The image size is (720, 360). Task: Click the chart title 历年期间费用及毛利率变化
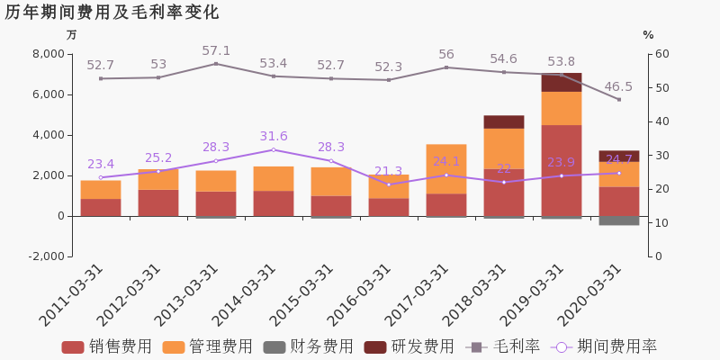pos(112,13)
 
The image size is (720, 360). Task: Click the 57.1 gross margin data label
pos(216,51)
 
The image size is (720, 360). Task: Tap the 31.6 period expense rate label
pos(274,137)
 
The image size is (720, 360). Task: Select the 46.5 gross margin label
pos(618,87)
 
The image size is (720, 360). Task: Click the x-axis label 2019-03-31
pos(535,295)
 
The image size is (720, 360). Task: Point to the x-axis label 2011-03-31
pos(75,295)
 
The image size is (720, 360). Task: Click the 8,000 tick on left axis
pos(48,54)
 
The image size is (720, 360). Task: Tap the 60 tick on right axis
pos(660,54)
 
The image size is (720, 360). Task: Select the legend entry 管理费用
pos(207,346)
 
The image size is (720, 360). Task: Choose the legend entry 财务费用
pos(308,346)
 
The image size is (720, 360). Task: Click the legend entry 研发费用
pos(409,346)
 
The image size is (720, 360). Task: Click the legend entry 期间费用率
pos(605,346)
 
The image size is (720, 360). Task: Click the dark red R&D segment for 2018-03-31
pos(504,121)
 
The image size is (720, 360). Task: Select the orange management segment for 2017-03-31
pos(446,168)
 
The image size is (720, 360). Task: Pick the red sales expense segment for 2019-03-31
pos(562,170)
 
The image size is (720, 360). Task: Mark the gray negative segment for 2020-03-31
pos(619,220)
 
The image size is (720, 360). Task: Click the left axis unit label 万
pos(72,35)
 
